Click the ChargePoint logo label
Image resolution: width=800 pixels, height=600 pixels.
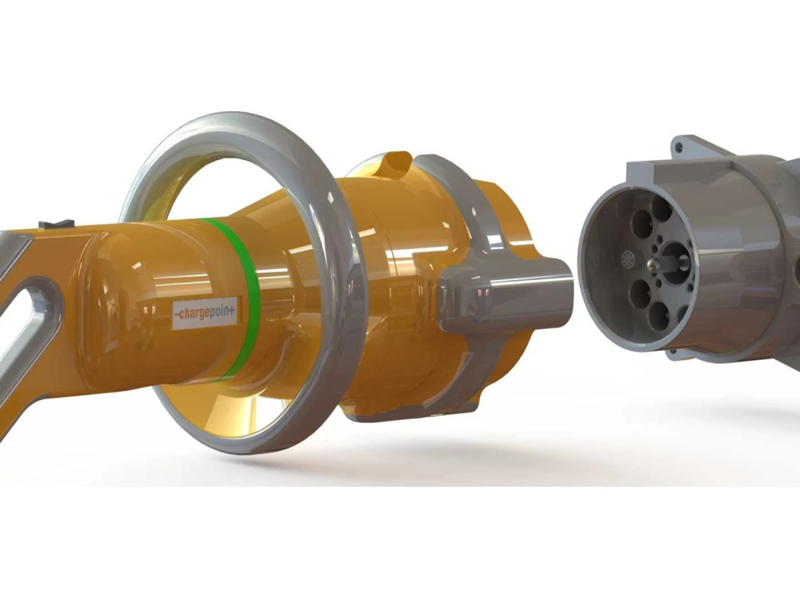tap(205, 313)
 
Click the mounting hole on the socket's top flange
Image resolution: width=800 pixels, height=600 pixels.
tap(678, 147)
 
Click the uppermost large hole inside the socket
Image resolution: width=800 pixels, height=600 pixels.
tap(661, 208)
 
